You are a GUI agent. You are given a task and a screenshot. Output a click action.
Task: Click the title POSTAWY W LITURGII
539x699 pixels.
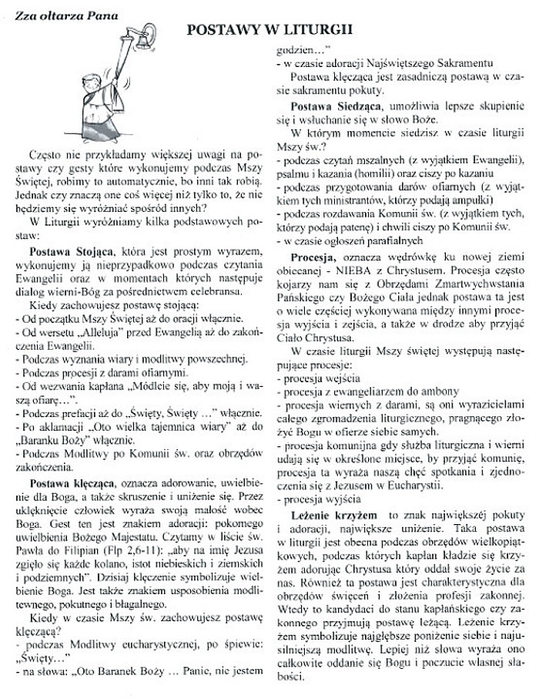tap(269, 30)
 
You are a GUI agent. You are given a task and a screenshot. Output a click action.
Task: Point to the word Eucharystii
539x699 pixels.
tap(414, 484)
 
